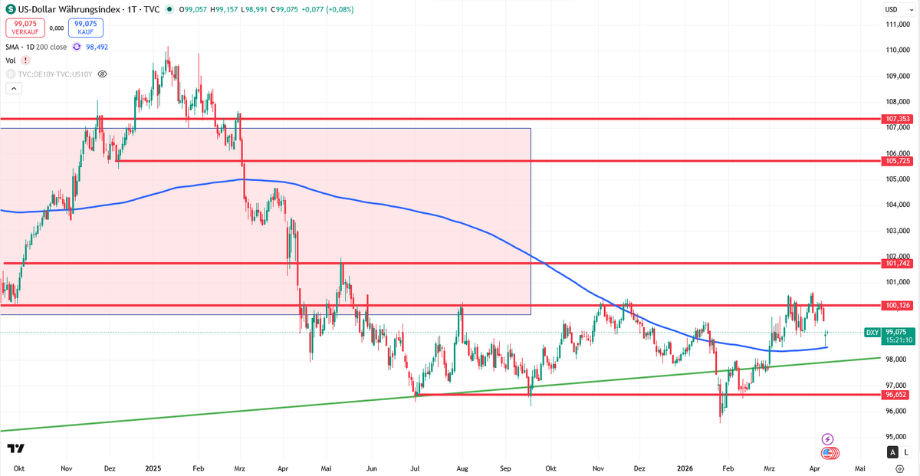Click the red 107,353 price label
[x=897, y=120]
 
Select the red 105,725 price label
[x=897, y=162]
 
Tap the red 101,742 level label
[x=897, y=263]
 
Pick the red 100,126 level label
[x=897, y=306]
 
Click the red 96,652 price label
[x=897, y=395]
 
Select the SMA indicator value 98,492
[x=97, y=47]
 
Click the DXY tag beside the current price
[x=872, y=332]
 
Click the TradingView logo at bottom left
[x=15, y=448]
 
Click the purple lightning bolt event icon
[x=827, y=439]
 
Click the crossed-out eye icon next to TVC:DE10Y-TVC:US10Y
[x=102, y=74]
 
